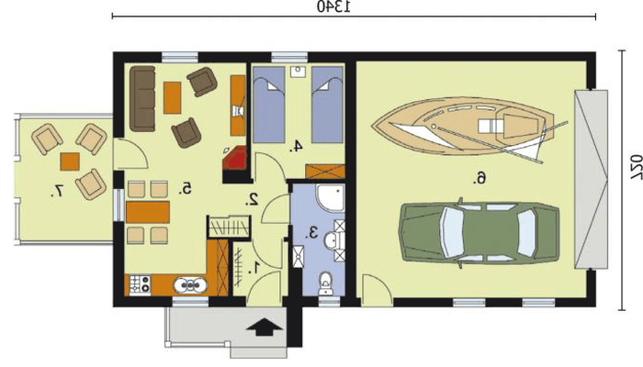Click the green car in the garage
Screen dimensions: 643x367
(x=479, y=233)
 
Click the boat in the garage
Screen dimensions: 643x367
(x=468, y=127)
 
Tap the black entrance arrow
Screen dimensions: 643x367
(x=265, y=327)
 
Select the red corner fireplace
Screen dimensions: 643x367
(x=234, y=158)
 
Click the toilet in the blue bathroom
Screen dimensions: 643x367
(x=325, y=284)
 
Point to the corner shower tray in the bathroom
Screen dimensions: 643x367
(x=331, y=198)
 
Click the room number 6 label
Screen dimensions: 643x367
(x=480, y=178)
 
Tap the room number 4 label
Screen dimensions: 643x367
(x=296, y=146)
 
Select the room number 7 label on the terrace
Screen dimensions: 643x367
(x=57, y=191)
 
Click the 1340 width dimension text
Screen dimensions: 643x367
(x=334, y=6)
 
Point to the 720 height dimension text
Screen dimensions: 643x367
(x=636, y=167)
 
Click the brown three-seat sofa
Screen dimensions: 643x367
(x=142, y=99)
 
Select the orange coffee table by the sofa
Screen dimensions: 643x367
(x=173, y=97)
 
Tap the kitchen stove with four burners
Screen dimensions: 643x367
(x=140, y=284)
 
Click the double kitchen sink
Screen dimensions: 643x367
(x=190, y=285)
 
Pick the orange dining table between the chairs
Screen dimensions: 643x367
(x=148, y=212)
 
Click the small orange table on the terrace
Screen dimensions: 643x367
(x=70, y=161)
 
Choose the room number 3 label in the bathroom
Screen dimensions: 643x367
(x=312, y=233)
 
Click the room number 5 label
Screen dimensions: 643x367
(x=186, y=188)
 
